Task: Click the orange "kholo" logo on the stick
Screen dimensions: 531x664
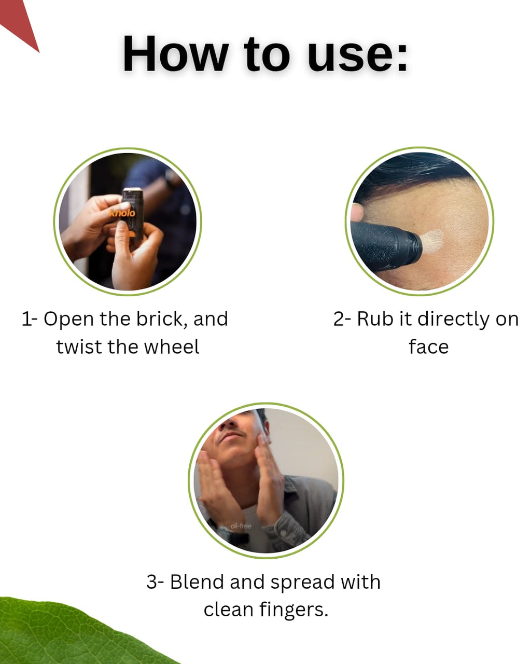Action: coord(122,213)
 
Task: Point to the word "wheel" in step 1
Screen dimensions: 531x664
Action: coord(172,347)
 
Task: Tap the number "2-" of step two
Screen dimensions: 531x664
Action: coord(342,319)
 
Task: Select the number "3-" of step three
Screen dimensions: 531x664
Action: coord(156,582)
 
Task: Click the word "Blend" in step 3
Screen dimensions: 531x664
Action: coord(197,582)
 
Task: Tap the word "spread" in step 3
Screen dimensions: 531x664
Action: coord(303,583)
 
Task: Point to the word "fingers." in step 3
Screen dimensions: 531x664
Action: coord(294,611)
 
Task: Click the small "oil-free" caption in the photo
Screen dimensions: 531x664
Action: coord(241,526)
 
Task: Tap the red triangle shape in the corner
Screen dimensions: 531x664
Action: coord(19,22)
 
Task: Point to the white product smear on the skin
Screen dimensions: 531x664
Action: coord(431,241)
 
